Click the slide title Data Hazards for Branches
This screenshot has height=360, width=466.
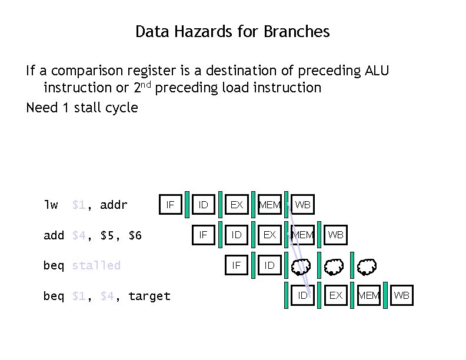[232, 31]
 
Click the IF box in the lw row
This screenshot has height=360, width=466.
[171, 205]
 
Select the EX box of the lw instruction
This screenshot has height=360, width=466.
[237, 205]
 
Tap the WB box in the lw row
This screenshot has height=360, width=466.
[303, 205]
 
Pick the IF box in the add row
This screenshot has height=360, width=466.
[204, 235]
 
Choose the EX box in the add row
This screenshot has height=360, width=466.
[269, 235]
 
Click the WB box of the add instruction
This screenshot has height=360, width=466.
[336, 235]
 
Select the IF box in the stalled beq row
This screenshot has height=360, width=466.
[237, 265]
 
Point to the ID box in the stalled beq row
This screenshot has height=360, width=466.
[269, 265]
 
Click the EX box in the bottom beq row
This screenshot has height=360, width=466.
[336, 295]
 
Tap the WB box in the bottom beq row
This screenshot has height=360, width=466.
[402, 295]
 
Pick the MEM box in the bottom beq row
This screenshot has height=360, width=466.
[369, 295]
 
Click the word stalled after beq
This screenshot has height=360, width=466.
[96, 265]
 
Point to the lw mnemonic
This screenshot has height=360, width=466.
[51, 205]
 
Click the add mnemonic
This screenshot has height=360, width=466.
[54, 235]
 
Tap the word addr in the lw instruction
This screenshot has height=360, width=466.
[114, 205]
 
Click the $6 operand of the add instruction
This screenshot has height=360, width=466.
[135, 235]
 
